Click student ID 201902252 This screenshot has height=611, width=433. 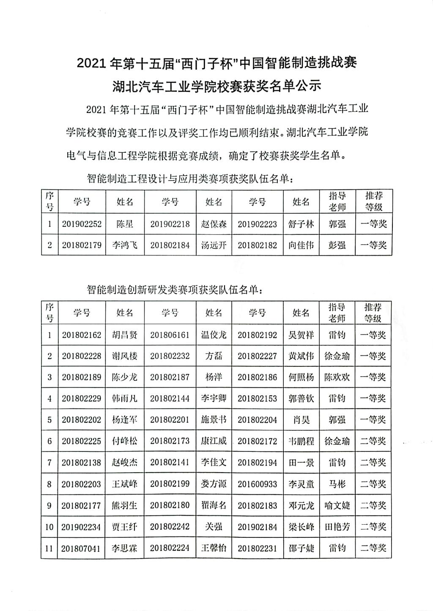point(82,224)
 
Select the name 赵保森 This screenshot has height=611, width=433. point(214,224)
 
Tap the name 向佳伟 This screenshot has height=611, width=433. point(301,245)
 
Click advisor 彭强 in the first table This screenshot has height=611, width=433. point(337,245)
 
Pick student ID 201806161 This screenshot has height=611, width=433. point(170,335)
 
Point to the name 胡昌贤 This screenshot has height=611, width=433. point(125,335)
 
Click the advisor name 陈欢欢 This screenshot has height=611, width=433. point(337,377)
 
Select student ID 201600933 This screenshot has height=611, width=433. point(257,484)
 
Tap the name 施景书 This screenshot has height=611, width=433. point(214,420)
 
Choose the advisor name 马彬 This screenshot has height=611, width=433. point(337,484)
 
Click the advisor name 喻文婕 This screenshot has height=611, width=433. point(337,505)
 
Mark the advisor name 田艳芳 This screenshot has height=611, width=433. point(337,527)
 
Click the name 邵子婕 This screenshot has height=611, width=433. point(301,548)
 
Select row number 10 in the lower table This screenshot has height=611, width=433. point(49,527)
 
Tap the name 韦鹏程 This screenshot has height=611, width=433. point(301,441)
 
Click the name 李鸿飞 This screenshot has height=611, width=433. point(125,245)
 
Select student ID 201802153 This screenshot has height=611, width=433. point(257,399)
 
